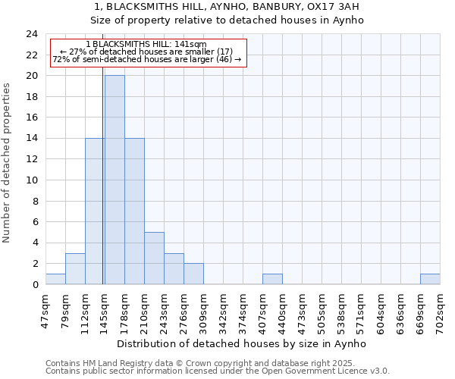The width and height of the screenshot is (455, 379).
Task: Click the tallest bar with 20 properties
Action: [x=115, y=180]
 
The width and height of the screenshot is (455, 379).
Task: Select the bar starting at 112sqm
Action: [x=94, y=211]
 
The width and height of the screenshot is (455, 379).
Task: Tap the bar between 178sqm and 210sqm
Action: [x=134, y=211]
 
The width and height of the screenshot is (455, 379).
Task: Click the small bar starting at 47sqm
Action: [x=55, y=279]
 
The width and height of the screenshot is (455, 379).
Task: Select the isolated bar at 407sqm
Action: [x=272, y=279]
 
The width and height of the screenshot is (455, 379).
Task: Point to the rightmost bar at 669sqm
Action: [x=430, y=279]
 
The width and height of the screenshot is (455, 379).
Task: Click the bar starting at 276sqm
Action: [x=193, y=274]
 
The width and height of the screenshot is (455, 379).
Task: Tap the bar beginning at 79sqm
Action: [x=75, y=269]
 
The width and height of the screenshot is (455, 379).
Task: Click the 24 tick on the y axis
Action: [x=32, y=34]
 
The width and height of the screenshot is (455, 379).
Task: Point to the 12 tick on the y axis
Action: [x=32, y=159]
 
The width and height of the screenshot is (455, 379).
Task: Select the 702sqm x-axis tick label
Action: [x=441, y=309]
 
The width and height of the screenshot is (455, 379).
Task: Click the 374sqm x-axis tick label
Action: [x=243, y=309]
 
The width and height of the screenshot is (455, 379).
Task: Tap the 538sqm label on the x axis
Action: [x=341, y=309]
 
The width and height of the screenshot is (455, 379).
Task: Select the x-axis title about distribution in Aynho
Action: [x=243, y=343]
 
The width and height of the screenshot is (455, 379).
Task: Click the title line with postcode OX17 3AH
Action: [x=243, y=7]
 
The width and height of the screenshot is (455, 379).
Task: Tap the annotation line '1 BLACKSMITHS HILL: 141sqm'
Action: [x=146, y=45]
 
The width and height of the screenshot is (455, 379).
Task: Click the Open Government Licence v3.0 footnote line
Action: [x=218, y=371]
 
